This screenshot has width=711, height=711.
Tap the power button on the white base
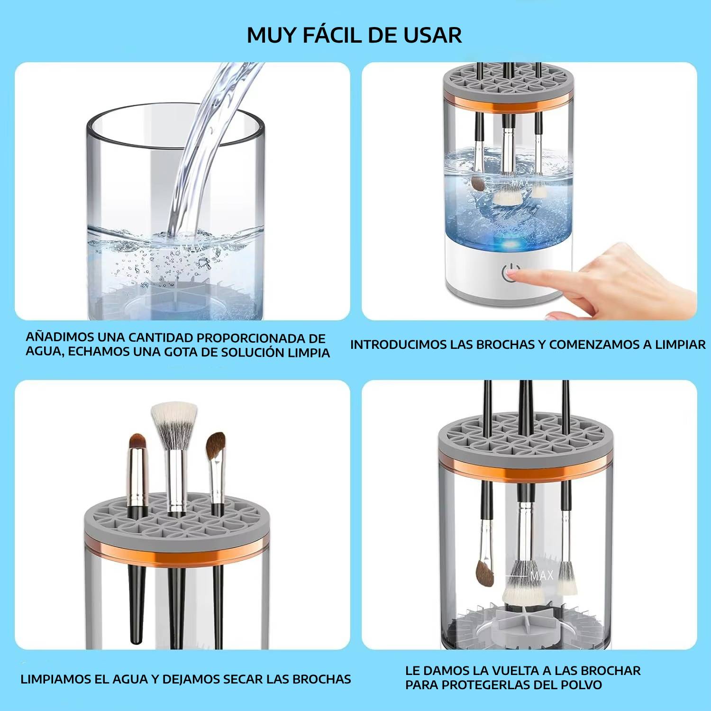coord(511,273)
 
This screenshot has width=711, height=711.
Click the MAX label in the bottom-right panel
coord(541,575)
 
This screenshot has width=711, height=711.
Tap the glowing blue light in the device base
coord(511,245)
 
